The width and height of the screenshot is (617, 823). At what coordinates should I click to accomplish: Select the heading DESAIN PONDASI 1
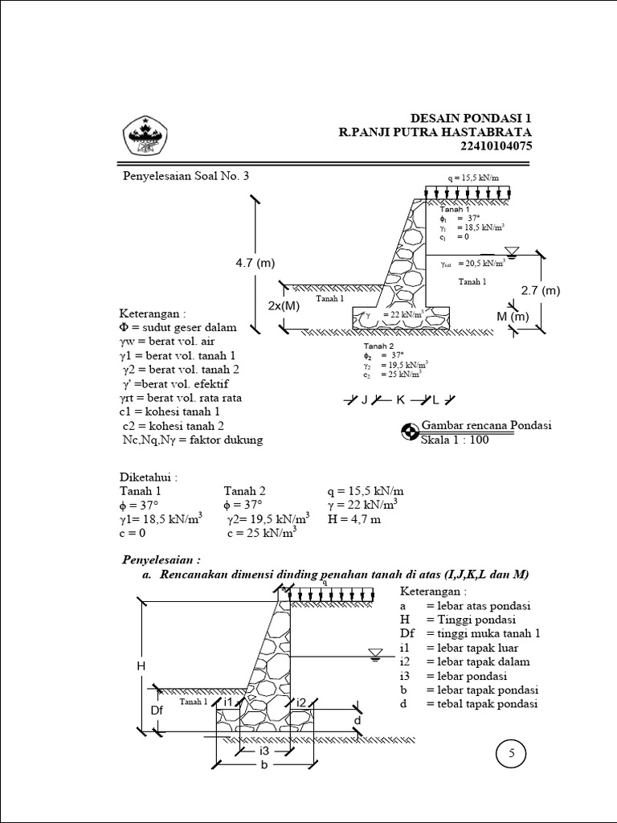[471, 118]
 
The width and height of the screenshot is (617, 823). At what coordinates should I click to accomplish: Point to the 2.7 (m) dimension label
[540, 290]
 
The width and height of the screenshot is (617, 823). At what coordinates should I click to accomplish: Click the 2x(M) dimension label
[283, 305]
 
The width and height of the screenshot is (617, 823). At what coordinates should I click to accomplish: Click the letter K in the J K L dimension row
[399, 399]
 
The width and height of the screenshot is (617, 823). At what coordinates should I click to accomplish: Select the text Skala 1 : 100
[455, 440]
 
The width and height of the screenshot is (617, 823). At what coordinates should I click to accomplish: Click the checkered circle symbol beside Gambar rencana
[410, 432]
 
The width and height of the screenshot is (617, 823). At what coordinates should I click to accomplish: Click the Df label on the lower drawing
[157, 710]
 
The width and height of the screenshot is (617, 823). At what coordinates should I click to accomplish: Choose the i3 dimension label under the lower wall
[264, 750]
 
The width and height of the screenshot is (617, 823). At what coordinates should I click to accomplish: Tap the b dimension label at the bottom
[264, 766]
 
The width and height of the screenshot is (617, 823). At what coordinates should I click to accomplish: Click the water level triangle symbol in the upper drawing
[511, 250]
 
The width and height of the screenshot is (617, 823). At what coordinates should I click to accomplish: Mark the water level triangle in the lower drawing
[374, 653]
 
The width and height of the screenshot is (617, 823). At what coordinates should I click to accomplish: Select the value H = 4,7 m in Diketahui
[353, 519]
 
